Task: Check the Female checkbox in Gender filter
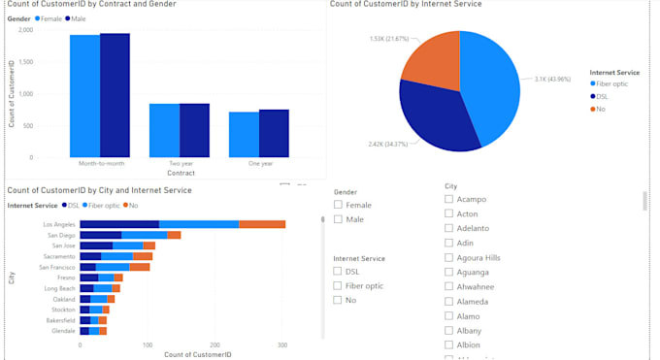[x=338, y=205]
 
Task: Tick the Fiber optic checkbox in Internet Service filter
[x=338, y=286]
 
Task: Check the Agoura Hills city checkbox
[x=448, y=257]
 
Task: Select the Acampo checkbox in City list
[x=448, y=199]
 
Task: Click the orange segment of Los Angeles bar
[x=262, y=224]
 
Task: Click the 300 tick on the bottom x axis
[x=282, y=344]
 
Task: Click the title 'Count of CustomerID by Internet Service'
[x=405, y=5]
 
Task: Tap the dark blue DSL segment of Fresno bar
[x=88, y=278]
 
